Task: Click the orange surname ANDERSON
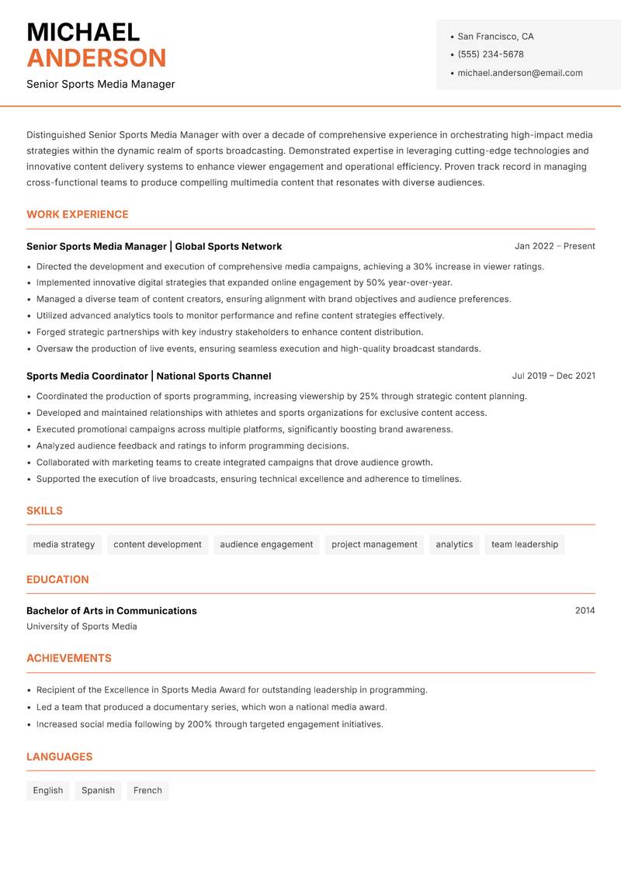click(96, 58)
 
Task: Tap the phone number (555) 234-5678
click(491, 54)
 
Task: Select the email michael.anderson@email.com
click(520, 73)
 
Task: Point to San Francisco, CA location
click(495, 36)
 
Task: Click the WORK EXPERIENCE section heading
click(78, 214)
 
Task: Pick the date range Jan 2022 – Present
click(554, 246)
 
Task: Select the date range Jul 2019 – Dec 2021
click(553, 376)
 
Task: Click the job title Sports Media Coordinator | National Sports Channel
click(149, 376)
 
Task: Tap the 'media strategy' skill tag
click(64, 545)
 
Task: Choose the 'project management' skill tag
click(374, 545)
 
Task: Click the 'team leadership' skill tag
click(525, 545)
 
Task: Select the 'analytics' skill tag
click(454, 545)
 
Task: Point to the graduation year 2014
click(585, 611)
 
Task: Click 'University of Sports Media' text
click(82, 626)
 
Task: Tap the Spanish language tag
click(98, 791)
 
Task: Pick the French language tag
click(147, 791)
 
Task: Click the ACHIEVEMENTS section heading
click(69, 658)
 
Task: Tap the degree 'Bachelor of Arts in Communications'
click(112, 611)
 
